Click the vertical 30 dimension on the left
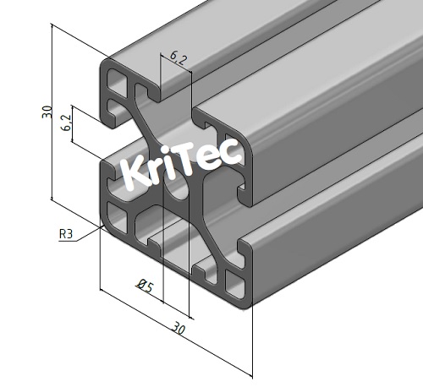[47, 112]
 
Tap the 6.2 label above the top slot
[179, 57]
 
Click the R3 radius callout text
[66, 234]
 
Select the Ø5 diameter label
[145, 287]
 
